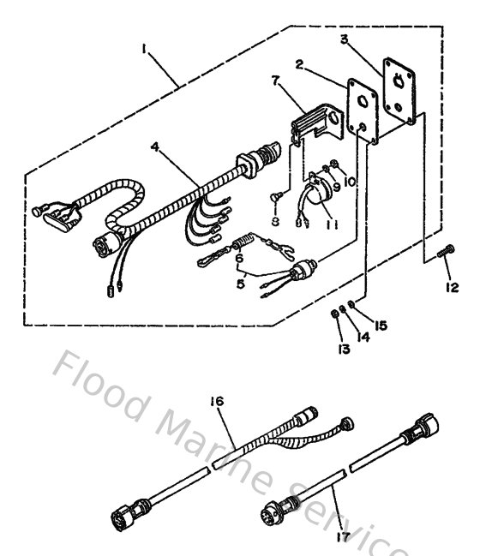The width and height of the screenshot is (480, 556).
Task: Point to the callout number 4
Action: point(154,147)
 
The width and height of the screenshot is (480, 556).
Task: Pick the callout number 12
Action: point(453,286)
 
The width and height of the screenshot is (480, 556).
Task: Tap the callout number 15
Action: point(382,325)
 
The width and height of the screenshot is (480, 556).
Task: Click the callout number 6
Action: point(239,257)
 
